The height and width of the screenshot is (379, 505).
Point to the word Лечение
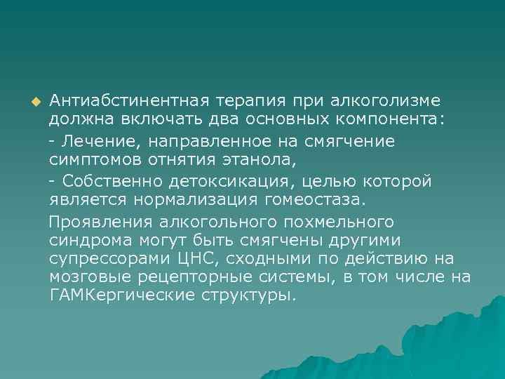point(100,141)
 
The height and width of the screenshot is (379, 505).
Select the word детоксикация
point(231,181)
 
